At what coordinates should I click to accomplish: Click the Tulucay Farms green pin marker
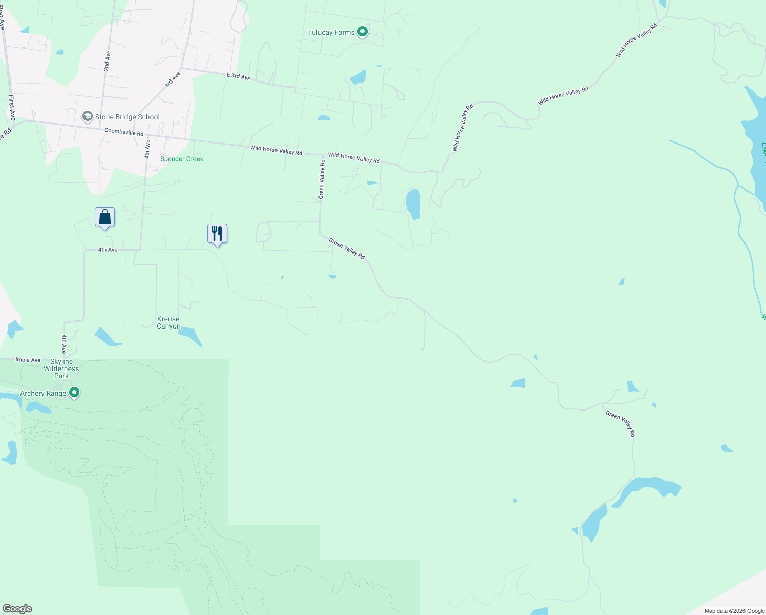coord(363,32)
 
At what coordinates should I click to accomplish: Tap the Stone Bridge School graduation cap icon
coord(88,117)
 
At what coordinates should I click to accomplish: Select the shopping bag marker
coord(104,217)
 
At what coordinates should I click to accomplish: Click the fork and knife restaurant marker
coord(217,234)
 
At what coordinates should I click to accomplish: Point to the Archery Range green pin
coord(74,393)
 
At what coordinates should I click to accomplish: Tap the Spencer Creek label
coord(182,159)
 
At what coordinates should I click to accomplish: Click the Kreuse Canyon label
coord(168,322)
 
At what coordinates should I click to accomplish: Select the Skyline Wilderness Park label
coord(61,368)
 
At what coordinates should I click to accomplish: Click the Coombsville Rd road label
coord(124,132)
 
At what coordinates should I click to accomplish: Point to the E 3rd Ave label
coord(239,77)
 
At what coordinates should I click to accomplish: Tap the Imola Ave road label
coord(28,360)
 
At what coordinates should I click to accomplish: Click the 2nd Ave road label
coord(107,60)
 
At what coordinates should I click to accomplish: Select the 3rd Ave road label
coord(173,79)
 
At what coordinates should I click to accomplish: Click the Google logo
coord(17,609)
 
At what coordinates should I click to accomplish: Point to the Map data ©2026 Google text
coord(734,611)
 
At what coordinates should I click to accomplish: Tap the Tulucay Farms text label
coord(331,32)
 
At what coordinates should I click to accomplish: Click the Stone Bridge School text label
coord(127,117)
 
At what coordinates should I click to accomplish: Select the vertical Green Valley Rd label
coord(322,179)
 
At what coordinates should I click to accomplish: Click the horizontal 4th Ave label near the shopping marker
coord(108,250)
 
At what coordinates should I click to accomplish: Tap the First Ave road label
coord(12,108)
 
